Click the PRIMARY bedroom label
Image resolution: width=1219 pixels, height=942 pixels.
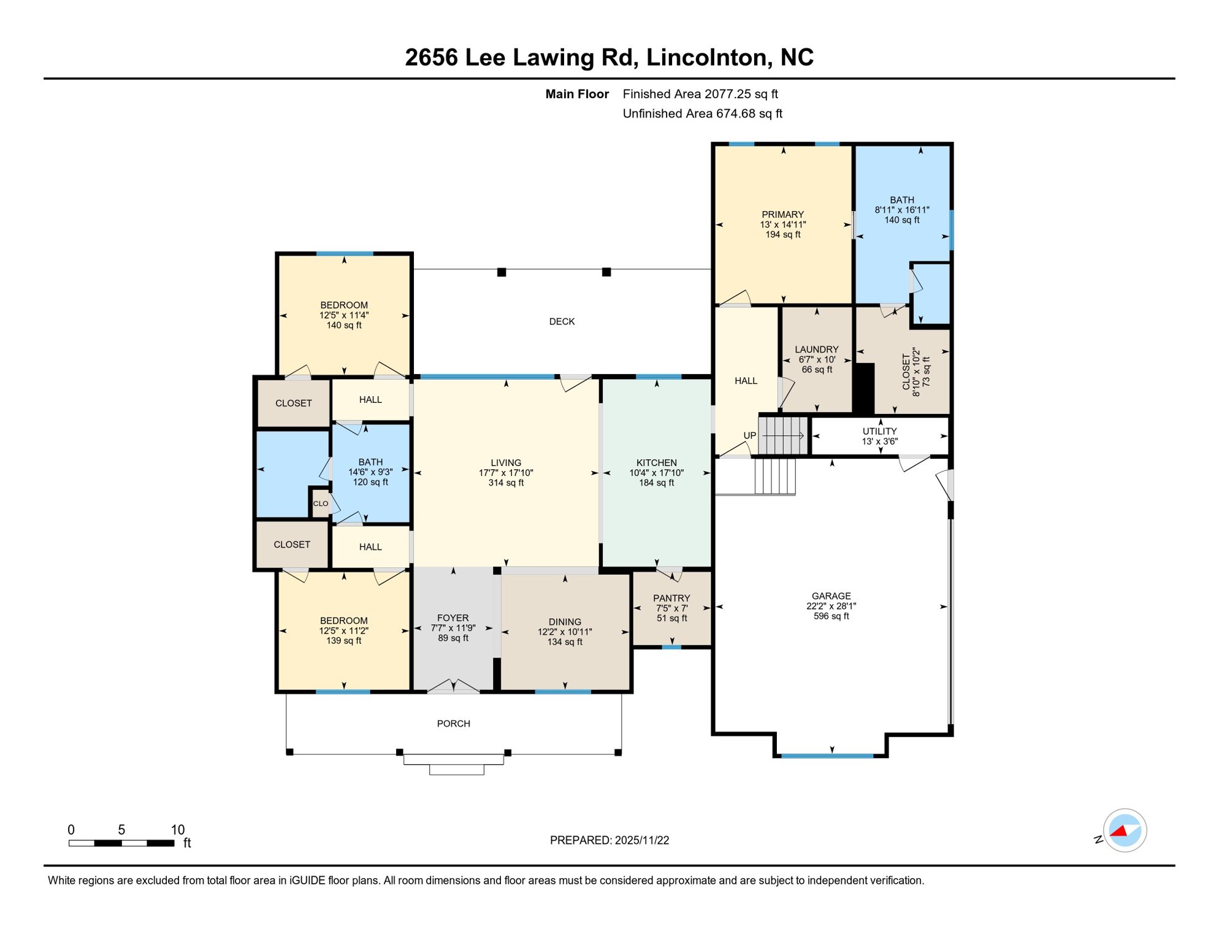[x=782, y=215]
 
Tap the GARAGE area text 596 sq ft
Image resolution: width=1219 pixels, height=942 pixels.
[x=831, y=616]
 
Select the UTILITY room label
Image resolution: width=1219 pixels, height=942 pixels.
[x=879, y=431]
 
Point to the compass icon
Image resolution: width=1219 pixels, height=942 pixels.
[x=1124, y=830]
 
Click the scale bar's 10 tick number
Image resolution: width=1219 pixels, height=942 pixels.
[x=177, y=830]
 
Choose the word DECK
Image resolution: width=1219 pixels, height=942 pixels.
[x=562, y=321]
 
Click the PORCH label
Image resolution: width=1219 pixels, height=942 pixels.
[x=453, y=724]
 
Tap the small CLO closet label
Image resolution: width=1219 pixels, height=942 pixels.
[x=321, y=504]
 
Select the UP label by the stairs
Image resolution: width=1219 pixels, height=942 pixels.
[x=749, y=435]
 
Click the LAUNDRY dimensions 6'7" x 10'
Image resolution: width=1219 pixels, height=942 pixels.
[x=817, y=360]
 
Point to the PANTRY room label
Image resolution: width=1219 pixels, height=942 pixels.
[x=671, y=598]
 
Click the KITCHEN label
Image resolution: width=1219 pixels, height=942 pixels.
[x=656, y=463]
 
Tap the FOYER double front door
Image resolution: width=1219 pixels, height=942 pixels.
[x=453, y=687]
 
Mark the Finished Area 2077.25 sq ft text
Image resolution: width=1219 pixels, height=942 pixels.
[x=700, y=94]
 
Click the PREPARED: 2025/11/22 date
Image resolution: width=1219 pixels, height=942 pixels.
[x=609, y=840]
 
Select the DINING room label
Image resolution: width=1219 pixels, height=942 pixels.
[x=564, y=622]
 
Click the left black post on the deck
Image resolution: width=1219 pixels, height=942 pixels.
[x=502, y=272]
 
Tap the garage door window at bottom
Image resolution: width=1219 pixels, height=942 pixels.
[x=827, y=756]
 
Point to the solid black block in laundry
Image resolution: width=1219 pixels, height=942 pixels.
[x=864, y=388]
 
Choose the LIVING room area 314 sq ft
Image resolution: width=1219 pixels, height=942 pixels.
[x=506, y=483]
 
